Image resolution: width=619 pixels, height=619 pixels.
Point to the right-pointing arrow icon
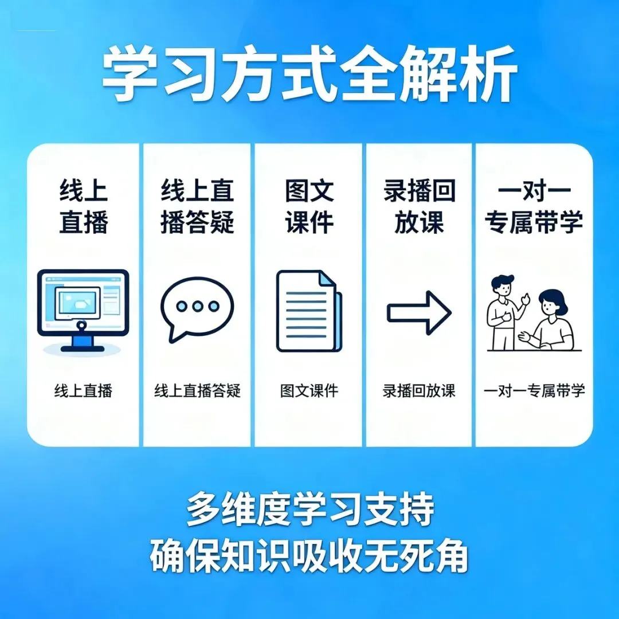click(419, 312)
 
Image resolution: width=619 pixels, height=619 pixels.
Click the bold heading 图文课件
click(309, 206)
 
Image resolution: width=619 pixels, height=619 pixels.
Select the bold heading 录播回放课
click(420, 206)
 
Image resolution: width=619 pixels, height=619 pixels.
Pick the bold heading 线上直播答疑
click(197, 206)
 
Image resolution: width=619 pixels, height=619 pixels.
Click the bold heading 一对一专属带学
click(533, 206)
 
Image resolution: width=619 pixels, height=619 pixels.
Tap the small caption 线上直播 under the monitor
click(84, 391)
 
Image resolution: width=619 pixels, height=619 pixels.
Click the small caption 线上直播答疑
click(197, 391)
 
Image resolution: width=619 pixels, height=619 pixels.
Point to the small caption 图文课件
click(309, 391)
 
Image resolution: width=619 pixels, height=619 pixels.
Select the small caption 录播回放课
click(419, 391)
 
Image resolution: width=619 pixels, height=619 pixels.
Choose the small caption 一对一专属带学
click(534, 391)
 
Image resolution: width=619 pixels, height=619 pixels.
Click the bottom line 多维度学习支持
click(309, 508)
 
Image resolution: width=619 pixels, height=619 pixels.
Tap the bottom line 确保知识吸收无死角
click(309, 554)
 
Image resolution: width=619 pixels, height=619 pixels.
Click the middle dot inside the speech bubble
click(197, 306)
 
